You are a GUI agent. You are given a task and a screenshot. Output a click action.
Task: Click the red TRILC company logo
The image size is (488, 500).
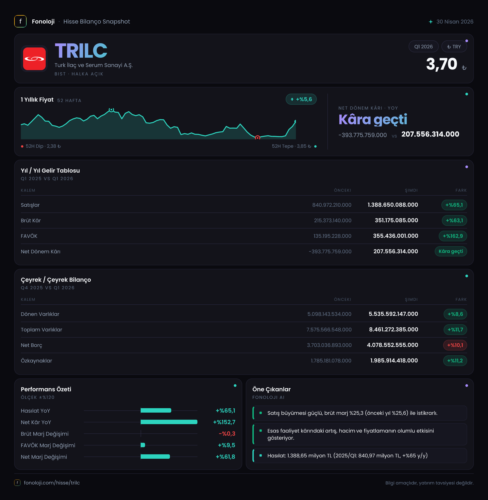click(x=34, y=59)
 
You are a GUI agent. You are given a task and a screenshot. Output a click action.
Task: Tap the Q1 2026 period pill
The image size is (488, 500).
click(x=423, y=47)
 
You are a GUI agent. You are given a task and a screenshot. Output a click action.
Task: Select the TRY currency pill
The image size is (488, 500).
click(x=454, y=47)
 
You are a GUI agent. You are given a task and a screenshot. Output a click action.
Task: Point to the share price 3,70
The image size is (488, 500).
click(x=442, y=64)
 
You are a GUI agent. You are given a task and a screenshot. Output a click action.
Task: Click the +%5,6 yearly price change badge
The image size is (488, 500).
click(x=301, y=99)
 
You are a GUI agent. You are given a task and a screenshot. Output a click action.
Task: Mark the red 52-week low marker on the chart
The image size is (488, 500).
click(x=258, y=138)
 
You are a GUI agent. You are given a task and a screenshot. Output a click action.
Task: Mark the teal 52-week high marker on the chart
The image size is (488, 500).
click(x=111, y=110)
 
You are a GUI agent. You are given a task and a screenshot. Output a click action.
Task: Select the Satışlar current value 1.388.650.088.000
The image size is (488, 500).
click(x=393, y=205)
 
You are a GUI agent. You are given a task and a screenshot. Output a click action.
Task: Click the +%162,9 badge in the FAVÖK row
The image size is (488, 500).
click(x=453, y=236)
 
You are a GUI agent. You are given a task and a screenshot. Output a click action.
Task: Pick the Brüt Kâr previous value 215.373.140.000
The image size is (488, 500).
click(x=333, y=220)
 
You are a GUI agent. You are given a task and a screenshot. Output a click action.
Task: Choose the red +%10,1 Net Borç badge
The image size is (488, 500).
click(x=455, y=345)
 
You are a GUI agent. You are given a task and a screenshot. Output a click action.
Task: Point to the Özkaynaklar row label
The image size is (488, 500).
click(x=36, y=361)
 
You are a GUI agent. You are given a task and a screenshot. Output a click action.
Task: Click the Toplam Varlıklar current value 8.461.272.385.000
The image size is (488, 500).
click(x=394, y=329)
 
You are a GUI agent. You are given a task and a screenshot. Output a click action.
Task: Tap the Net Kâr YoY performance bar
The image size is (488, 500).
click(x=169, y=422)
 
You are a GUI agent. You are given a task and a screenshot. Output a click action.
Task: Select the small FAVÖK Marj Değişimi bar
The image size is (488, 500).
click(x=143, y=445)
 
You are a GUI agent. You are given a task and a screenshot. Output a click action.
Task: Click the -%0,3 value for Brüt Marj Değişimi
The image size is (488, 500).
click(x=227, y=434)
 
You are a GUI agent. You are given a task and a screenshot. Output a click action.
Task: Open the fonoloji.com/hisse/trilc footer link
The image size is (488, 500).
click(x=52, y=482)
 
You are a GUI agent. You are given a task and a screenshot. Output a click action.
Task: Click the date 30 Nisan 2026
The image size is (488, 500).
click(x=455, y=22)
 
